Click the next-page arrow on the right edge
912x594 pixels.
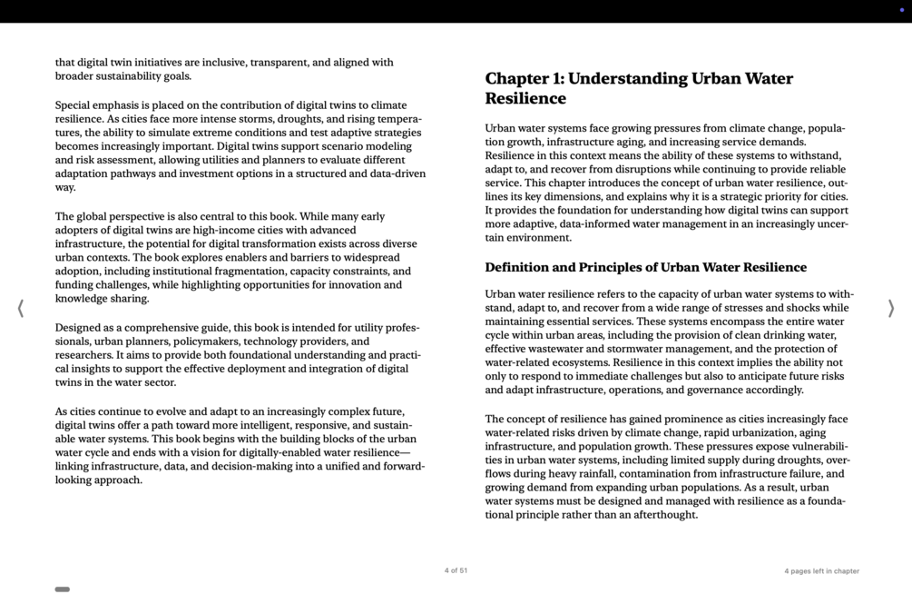tap(890, 309)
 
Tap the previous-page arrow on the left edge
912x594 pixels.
tap(21, 309)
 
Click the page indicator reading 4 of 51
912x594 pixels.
tap(456, 570)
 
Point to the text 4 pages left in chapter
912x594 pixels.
tap(821, 571)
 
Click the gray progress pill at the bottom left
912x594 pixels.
tap(63, 589)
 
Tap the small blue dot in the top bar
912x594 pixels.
tap(901, 10)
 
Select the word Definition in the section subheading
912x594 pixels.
tap(516, 267)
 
